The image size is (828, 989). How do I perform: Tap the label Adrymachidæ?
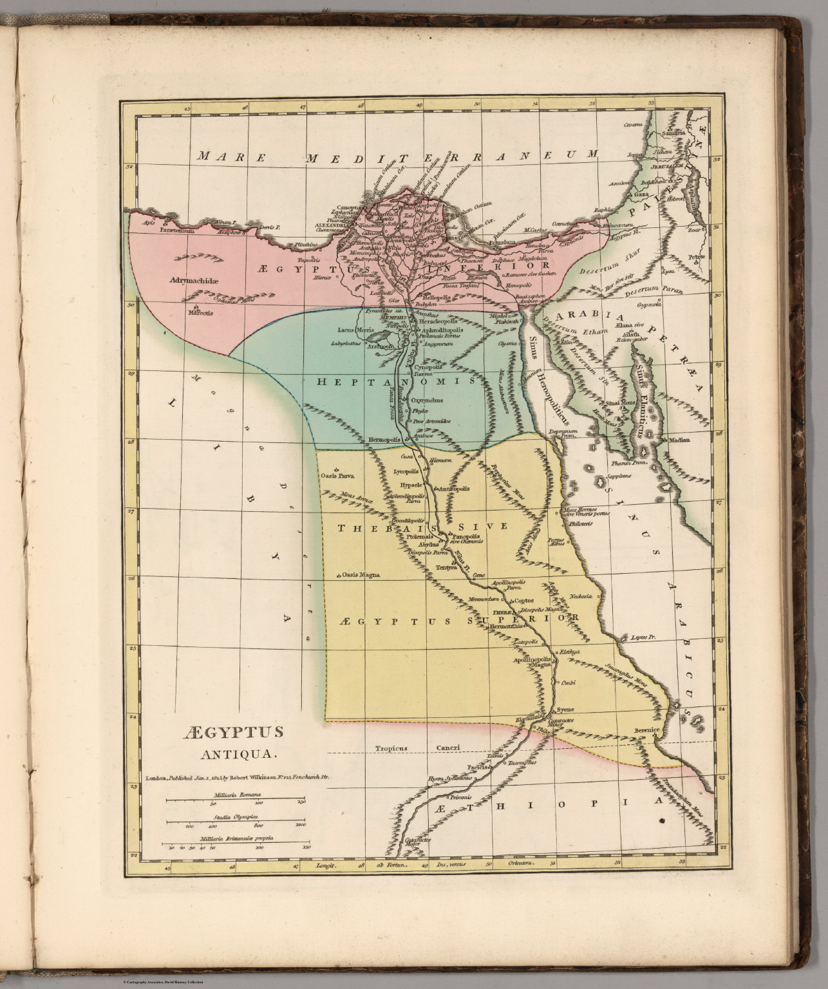pos(194,281)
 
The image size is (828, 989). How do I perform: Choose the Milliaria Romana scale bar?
pos(236,800)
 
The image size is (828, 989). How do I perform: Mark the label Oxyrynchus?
pos(427,400)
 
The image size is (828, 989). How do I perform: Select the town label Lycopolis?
pos(407,471)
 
